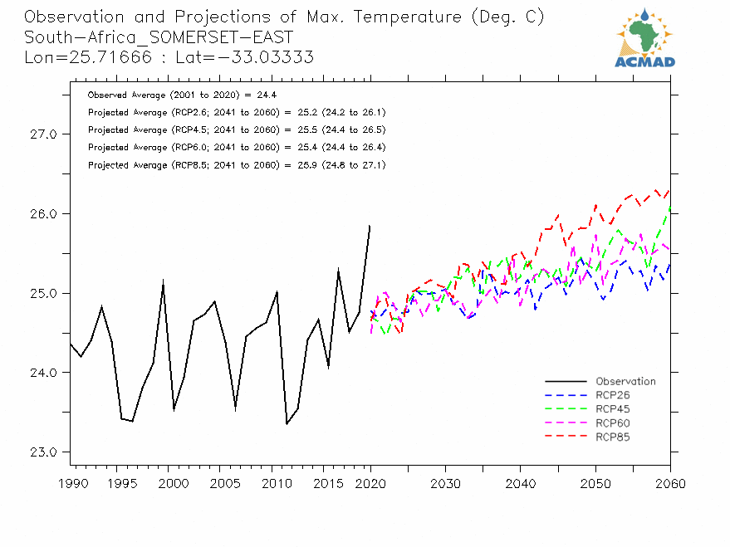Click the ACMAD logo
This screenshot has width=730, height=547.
[644, 38]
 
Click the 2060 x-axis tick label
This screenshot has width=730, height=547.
[669, 484]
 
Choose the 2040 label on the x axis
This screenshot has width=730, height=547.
[520, 484]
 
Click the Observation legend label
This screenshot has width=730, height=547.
[625, 382]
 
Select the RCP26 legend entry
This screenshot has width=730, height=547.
[612, 395]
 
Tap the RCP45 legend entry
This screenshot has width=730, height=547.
[612, 409]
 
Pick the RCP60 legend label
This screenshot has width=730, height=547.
[612, 422]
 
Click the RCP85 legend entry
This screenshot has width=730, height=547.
[612, 437]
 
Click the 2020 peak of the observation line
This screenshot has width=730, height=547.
[370, 226]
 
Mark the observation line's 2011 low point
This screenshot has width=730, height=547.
[287, 424]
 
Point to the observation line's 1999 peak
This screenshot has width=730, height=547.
[163, 281]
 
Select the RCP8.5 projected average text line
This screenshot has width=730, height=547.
[236, 165]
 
